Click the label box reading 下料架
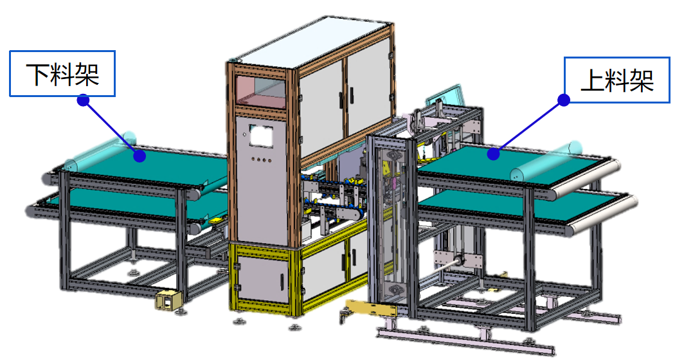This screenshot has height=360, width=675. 62,74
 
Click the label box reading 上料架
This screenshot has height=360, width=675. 617,80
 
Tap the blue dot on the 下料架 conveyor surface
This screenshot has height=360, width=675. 139,156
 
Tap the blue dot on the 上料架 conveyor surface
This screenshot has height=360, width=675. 493,154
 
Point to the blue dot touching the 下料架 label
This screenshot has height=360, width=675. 84,100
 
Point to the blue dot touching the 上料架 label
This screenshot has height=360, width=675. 564,100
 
